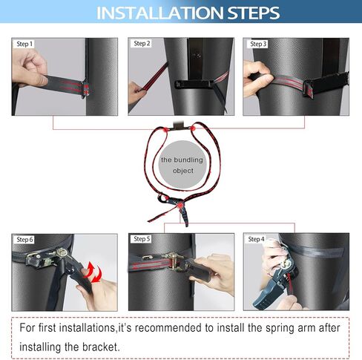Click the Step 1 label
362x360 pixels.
24,44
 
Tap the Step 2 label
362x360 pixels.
142,44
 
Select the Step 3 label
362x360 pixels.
258,44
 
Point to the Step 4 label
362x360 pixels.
257,239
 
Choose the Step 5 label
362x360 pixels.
142,239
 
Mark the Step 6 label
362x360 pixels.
24,240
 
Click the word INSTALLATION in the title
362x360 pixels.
159,13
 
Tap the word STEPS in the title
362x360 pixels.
254,13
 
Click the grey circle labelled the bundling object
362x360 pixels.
182,165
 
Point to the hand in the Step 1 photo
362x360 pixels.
30,68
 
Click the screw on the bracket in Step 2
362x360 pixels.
197,55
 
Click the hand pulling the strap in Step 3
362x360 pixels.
257,79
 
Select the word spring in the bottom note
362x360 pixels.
280,329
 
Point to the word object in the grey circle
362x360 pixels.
183,171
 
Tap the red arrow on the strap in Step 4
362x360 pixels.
289,282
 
